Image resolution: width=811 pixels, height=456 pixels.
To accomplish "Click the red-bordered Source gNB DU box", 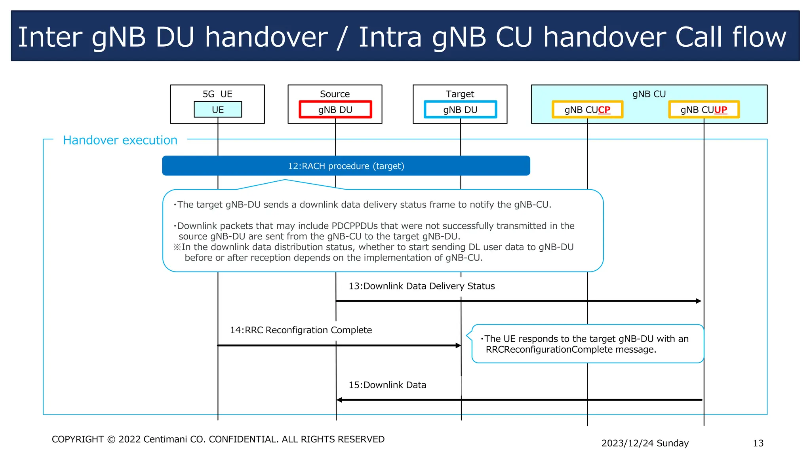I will click(335, 110).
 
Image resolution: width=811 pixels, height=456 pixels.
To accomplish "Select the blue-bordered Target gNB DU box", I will click(460, 110).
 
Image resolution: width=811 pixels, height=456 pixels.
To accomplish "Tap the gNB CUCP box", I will click(587, 110).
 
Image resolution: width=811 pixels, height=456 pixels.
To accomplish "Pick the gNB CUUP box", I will click(704, 110).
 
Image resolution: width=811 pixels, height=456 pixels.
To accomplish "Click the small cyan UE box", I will click(218, 110).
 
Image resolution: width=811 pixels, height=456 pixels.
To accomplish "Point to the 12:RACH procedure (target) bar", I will click(346, 166).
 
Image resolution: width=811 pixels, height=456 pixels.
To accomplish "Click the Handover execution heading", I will click(120, 140).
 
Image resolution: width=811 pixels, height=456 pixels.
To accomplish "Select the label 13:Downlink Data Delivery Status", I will click(421, 286).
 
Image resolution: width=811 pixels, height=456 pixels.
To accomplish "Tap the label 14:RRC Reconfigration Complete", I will click(301, 330).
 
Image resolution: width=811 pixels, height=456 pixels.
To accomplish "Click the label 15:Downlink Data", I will click(387, 385).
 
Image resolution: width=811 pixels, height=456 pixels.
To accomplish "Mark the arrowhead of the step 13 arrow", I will click(699, 301).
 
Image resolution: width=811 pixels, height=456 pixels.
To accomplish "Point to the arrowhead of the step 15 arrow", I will click(339, 400).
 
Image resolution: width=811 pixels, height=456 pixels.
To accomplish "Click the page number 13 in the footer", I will click(758, 443).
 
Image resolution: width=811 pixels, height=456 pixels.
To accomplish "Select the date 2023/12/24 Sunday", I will click(645, 443).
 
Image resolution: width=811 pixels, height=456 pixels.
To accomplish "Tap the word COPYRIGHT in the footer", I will click(78, 439).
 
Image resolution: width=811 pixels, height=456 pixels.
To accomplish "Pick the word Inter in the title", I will click(50, 37).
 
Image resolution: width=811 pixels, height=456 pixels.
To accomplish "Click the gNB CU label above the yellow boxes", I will click(649, 94).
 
